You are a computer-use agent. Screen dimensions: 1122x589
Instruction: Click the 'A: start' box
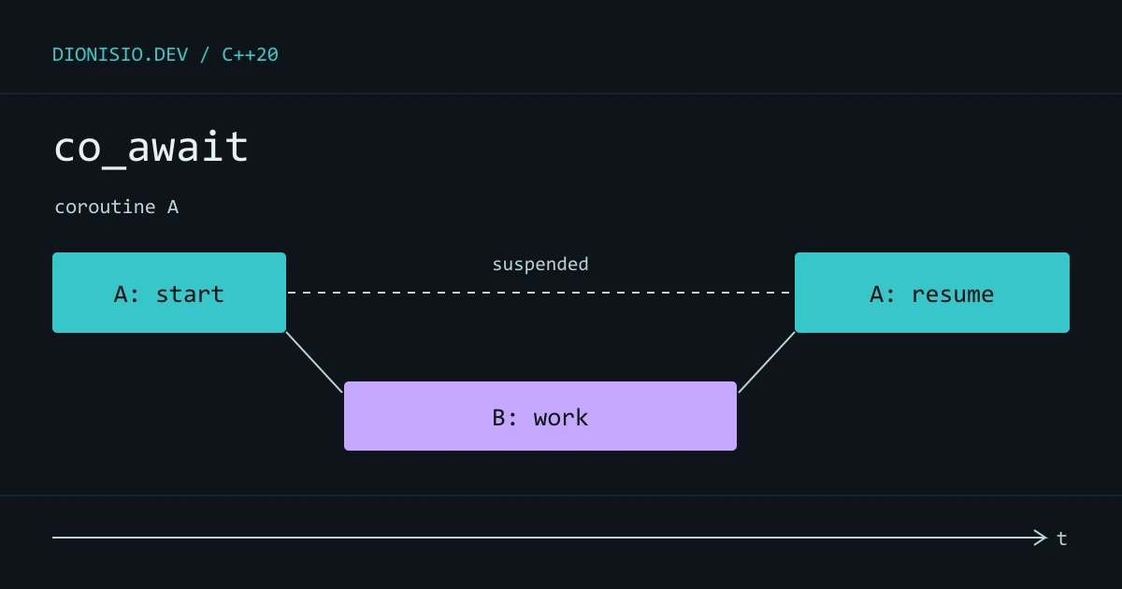point(169,293)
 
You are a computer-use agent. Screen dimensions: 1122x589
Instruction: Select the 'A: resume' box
point(932,293)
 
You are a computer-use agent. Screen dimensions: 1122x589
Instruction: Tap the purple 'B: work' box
point(540,416)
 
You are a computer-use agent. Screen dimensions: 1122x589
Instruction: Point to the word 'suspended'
point(540,264)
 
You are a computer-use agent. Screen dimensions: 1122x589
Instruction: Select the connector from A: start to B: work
point(314,362)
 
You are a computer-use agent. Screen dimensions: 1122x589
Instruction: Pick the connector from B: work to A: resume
point(767,362)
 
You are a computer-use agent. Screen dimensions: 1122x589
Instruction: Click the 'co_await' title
point(151,148)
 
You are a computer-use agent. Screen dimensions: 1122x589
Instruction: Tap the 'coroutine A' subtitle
point(117,207)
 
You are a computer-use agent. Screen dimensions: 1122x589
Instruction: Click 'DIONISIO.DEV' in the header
point(121,54)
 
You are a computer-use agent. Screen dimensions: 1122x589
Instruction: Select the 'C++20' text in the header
point(250,54)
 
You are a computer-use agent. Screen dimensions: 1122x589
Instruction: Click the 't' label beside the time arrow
point(1061,539)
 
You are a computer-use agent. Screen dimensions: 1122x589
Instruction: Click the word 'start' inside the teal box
point(190,294)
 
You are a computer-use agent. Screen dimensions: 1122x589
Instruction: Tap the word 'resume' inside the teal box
point(953,294)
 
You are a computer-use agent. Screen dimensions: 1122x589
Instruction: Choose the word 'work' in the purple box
point(561,418)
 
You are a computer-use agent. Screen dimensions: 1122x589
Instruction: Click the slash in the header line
point(205,54)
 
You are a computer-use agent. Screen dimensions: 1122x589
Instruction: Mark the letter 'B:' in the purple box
point(504,418)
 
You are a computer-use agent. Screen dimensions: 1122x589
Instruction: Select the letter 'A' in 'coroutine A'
point(173,207)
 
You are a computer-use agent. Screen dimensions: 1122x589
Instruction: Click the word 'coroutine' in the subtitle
point(105,207)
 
